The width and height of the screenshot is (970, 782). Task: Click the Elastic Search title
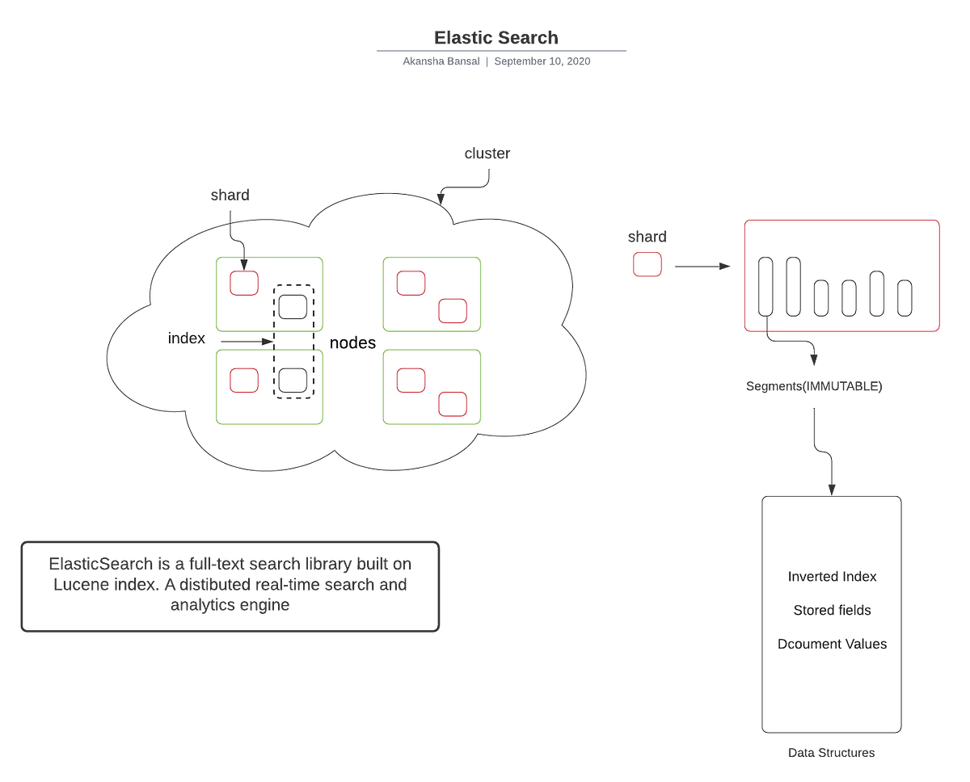496,38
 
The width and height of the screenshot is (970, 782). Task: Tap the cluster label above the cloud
487,153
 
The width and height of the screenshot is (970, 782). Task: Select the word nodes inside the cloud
352,343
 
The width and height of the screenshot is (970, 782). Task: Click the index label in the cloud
187,338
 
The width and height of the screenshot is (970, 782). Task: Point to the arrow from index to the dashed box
247,343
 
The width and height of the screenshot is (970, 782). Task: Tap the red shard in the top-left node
244,283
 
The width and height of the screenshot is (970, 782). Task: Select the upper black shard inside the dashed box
293,306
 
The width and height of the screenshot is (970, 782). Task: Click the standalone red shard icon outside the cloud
647,265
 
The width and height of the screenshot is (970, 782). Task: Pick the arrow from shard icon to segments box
701,266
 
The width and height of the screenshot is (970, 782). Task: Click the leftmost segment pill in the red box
765,286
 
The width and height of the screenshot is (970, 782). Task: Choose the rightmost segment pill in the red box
905,297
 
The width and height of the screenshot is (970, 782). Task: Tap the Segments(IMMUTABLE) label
814,387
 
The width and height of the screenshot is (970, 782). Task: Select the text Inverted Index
832,577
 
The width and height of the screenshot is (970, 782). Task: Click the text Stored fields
832,611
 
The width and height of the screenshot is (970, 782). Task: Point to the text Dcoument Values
832,645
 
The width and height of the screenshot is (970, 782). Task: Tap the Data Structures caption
831,752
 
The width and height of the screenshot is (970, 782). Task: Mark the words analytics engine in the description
230,606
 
